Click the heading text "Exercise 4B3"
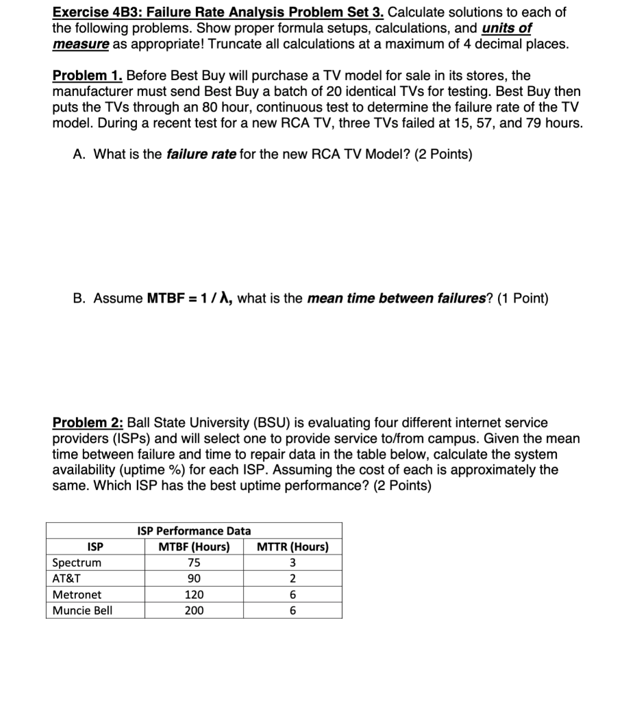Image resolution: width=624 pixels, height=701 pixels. [92, 12]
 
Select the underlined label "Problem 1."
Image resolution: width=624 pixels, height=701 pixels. [88, 75]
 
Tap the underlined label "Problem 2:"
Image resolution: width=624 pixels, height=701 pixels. [88, 423]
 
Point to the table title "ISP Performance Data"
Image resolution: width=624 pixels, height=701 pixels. [194, 531]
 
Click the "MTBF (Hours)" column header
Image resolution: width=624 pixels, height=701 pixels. [194, 547]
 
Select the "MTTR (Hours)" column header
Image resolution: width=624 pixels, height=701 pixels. [292, 547]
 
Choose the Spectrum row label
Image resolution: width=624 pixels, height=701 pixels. [77, 563]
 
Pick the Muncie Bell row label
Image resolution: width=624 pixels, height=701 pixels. [82, 611]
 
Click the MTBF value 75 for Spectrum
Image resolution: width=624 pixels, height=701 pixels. [194, 563]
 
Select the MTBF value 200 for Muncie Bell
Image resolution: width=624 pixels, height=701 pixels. [194, 611]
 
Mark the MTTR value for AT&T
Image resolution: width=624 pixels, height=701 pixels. [292, 578]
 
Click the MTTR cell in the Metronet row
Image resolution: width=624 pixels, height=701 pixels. [292, 595]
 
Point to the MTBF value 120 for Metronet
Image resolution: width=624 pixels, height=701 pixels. [194, 595]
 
